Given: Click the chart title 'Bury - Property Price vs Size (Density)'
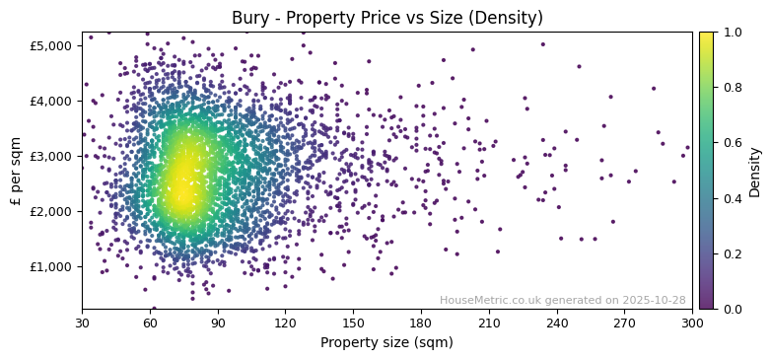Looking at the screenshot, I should [386, 18].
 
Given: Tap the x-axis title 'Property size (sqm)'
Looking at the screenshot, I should [386, 343].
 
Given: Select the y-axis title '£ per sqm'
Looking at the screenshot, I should [16, 170].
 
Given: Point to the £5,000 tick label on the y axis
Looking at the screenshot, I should [50, 45].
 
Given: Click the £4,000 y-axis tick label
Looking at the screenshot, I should [50, 101].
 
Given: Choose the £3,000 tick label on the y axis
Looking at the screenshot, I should [50, 156].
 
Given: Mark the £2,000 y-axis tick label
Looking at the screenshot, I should [50, 211].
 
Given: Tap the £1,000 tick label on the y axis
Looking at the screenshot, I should [50, 266].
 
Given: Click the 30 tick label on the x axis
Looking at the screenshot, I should [82, 323].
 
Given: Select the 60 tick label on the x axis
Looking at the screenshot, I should [150, 323].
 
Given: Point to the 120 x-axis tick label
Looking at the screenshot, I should [285, 323].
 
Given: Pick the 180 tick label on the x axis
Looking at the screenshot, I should [421, 323].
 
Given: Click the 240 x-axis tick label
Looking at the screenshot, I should [557, 323].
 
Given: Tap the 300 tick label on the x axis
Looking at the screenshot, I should [692, 323].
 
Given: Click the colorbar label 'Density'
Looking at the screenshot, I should [754, 170].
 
